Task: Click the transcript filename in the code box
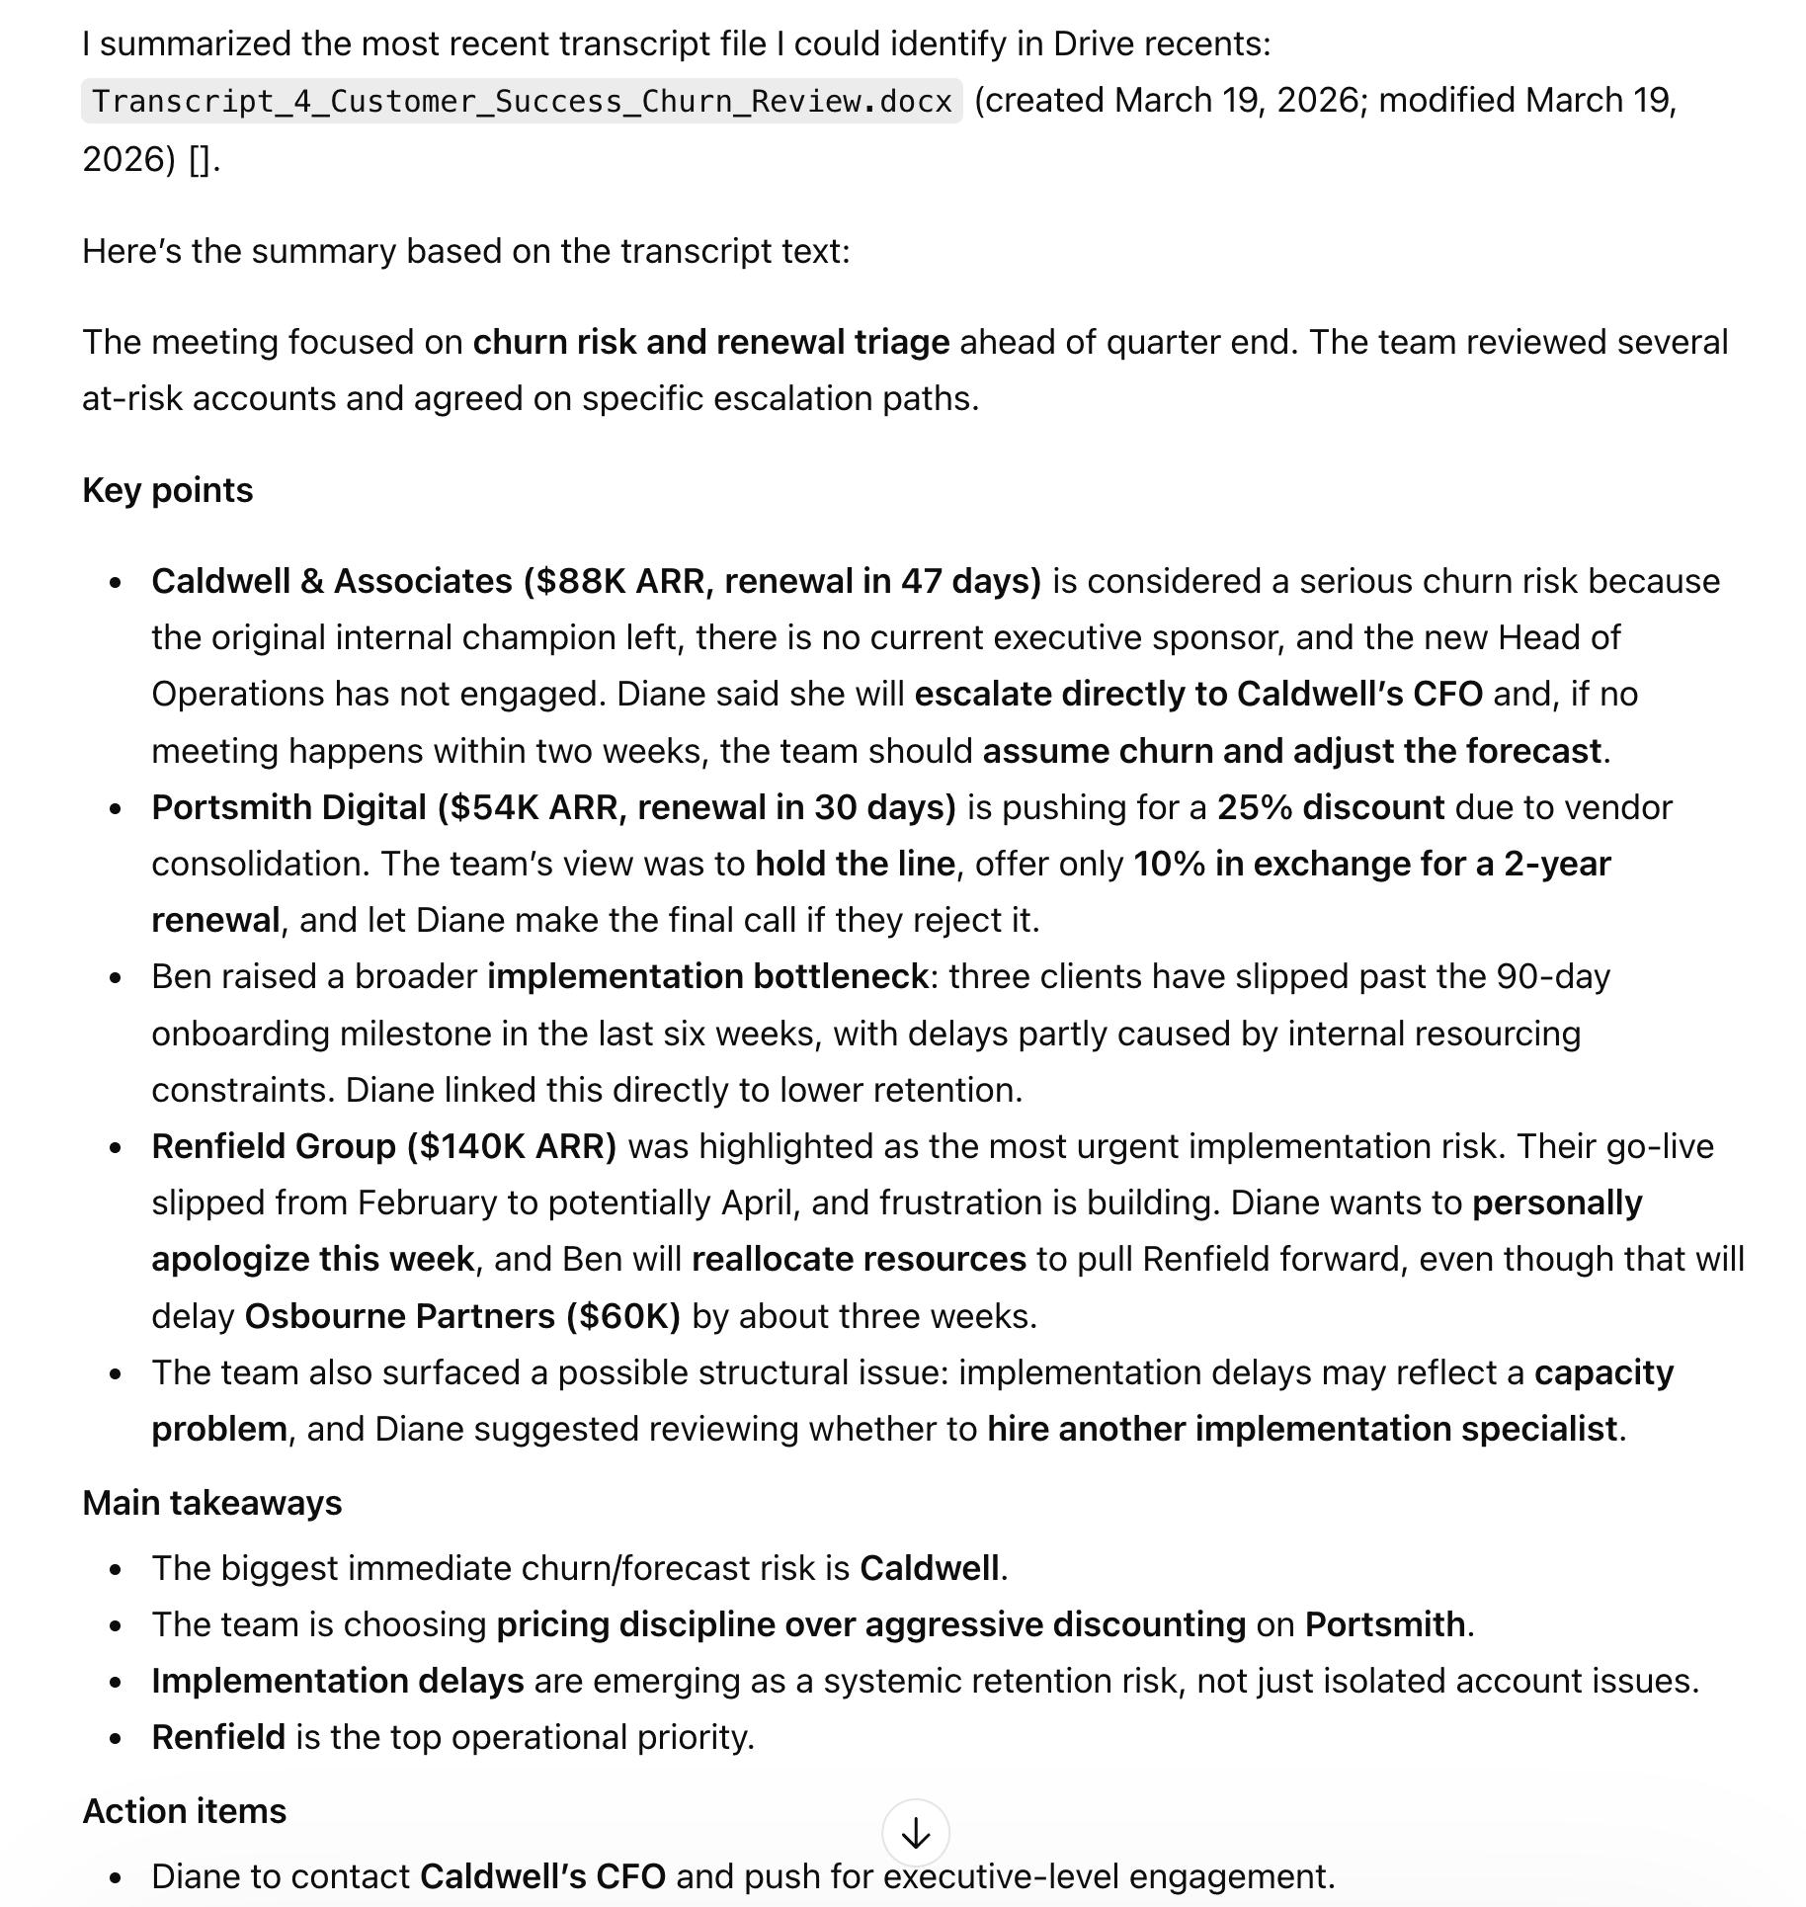pos(522,102)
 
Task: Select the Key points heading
pos(168,490)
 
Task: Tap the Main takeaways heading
pos(212,1503)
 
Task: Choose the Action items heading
pos(185,1811)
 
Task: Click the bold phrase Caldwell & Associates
pos(332,581)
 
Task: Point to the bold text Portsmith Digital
pos(288,807)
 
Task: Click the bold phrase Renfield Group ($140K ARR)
pos(383,1146)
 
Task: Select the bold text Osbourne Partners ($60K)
pos(462,1316)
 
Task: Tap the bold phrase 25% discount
pos(1331,807)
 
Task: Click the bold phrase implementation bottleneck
pos(707,976)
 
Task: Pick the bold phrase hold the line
pos(855,864)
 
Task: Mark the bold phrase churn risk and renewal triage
pos(711,342)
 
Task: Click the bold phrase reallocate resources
pos(859,1259)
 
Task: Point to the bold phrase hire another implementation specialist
pos(1302,1429)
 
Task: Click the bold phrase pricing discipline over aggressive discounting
pos(870,1624)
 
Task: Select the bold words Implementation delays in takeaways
pos(338,1681)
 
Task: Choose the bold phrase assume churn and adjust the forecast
pos(1291,751)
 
